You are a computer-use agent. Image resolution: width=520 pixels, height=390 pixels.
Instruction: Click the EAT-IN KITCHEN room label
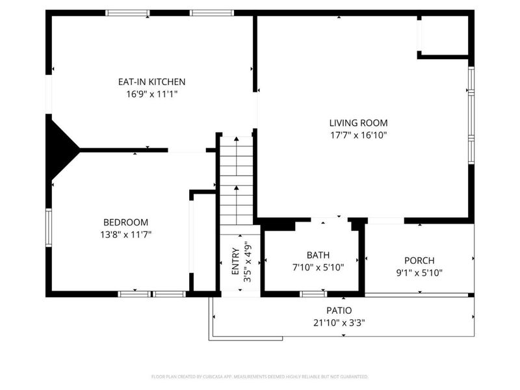coord(151,82)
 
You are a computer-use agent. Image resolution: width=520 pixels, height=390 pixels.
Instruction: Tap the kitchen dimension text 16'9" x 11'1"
coord(151,94)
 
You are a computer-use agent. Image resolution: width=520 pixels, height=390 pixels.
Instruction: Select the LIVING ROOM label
coord(358,123)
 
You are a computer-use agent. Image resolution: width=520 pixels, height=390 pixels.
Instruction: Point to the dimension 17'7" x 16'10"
coord(358,135)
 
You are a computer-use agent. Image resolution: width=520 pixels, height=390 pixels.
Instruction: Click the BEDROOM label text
coord(125,222)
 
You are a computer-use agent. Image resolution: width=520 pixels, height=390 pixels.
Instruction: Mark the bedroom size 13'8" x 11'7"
coord(125,235)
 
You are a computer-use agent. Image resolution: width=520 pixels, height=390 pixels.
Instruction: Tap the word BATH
coord(318,255)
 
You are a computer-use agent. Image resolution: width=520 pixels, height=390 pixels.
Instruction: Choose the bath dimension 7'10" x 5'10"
coord(318,267)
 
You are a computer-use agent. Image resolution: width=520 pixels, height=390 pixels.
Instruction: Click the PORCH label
coord(419,261)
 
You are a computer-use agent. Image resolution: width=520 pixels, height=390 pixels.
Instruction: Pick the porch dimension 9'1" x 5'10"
coord(419,273)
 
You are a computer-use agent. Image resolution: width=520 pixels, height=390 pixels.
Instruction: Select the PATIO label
coord(339,311)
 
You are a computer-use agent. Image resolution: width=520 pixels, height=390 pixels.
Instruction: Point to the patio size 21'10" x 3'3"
coord(339,322)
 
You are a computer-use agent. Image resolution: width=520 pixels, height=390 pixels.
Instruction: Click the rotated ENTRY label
coord(235,261)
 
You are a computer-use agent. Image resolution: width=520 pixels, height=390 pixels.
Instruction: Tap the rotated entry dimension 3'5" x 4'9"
coord(248,261)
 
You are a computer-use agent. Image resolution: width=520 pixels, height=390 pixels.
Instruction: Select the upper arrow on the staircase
coord(236,156)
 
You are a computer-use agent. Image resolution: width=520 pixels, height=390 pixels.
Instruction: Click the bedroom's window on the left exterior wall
coord(49,227)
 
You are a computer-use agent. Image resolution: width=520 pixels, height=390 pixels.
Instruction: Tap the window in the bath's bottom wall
coord(313,294)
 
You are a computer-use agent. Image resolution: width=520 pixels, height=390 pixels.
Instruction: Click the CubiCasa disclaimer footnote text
coord(259,377)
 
